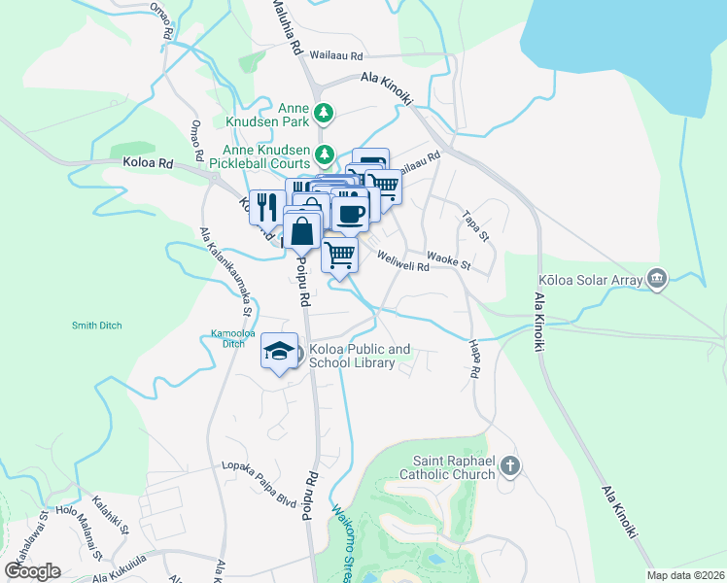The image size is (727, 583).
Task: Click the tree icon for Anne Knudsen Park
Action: tap(323, 116)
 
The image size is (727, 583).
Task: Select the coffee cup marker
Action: tap(350, 213)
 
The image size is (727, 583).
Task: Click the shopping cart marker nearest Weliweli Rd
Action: tap(339, 256)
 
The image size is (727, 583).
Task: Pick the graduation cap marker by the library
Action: tap(279, 352)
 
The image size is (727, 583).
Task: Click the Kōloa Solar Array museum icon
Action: tap(658, 280)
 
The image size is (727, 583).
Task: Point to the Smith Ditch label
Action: tap(96, 326)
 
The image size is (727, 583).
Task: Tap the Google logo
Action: tap(32, 570)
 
